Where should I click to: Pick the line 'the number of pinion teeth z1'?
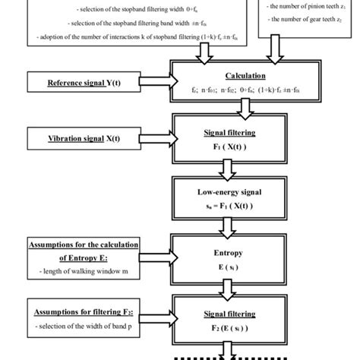pyautogui.click(x=308, y=7)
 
